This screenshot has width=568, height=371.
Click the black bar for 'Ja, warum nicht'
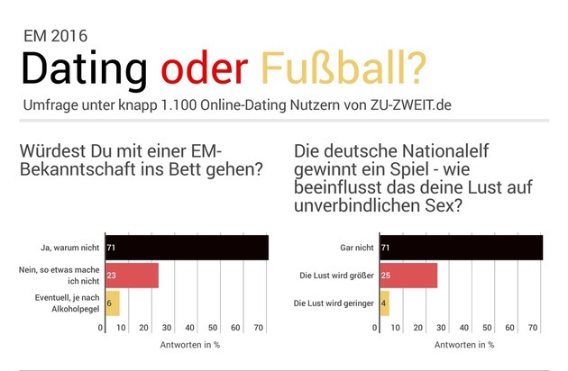click(186, 247)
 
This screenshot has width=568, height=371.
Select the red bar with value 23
click(131, 276)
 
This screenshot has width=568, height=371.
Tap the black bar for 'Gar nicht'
click(461, 247)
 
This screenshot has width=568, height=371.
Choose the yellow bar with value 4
click(384, 303)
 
